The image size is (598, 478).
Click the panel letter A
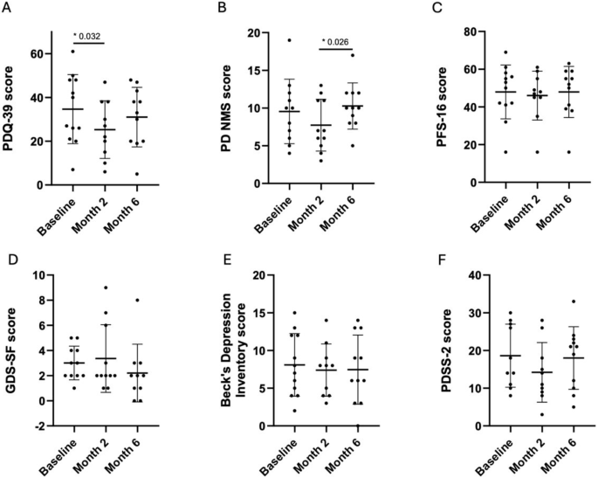click(x=8, y=9)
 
